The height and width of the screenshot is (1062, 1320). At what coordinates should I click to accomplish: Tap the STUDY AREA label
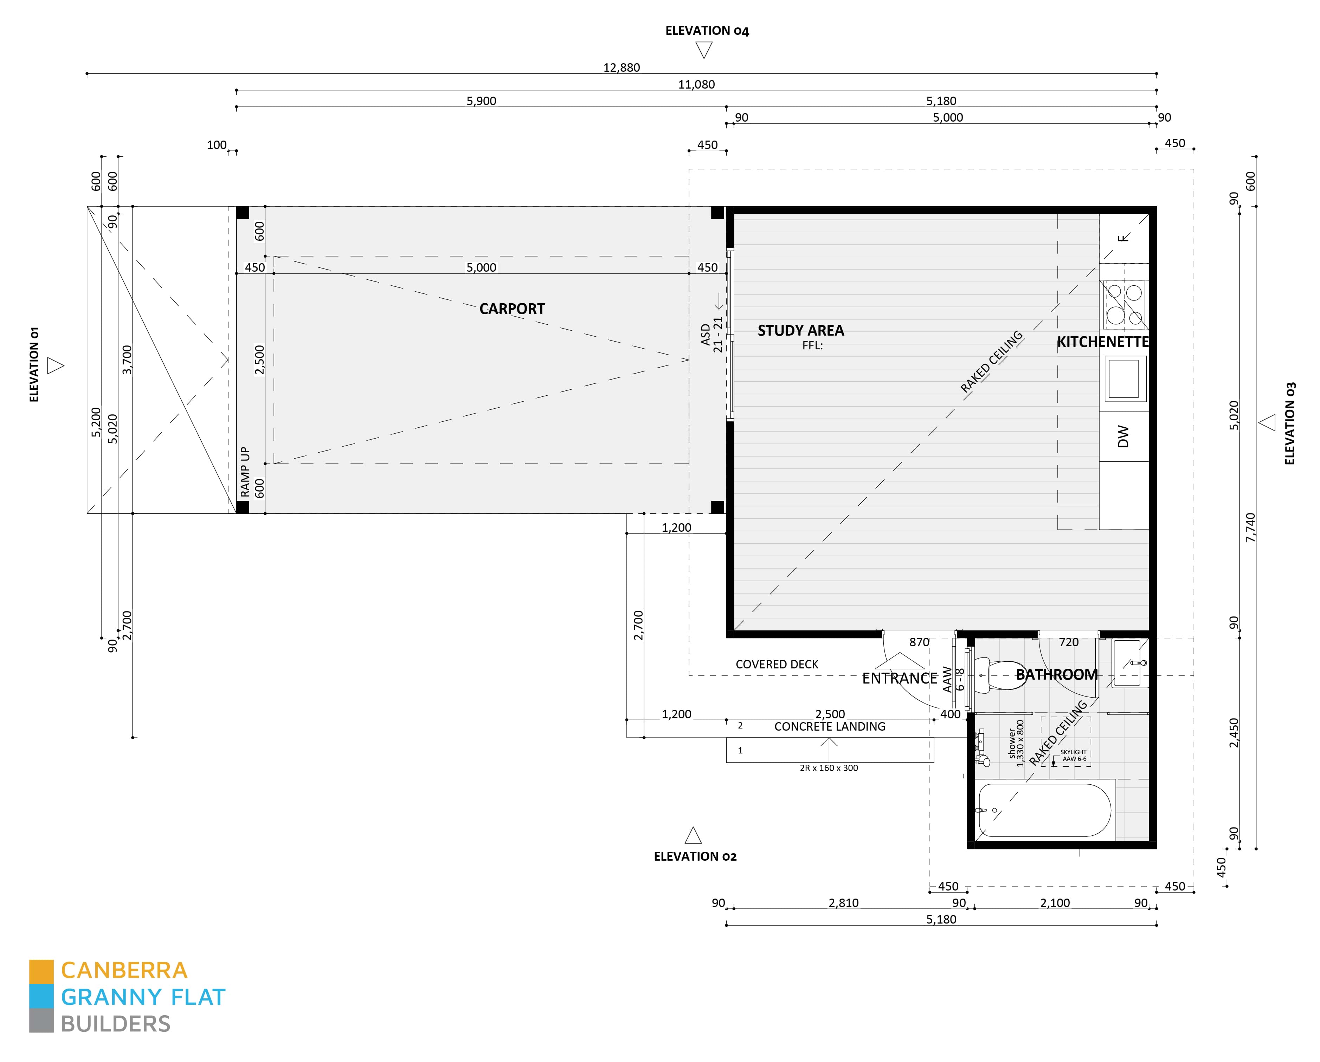coord(800,331)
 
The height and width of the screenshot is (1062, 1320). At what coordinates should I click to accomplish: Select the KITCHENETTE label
coord(1102,342)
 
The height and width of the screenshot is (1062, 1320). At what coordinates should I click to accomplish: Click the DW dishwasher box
coord(1123,436)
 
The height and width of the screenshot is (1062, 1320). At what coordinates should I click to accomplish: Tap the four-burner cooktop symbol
coord(1125,305)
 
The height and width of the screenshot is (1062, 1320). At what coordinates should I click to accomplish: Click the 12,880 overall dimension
coord(622,67)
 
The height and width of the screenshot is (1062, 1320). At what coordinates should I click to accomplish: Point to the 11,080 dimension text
coord(696,84)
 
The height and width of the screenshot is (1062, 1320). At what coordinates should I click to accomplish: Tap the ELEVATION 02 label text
coord(695,856)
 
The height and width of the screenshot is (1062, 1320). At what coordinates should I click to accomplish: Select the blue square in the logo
coord(41,997)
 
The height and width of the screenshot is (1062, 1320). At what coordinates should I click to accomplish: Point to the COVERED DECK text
coord(776,664)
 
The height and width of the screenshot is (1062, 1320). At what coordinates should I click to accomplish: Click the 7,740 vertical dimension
coord(1250,527)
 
